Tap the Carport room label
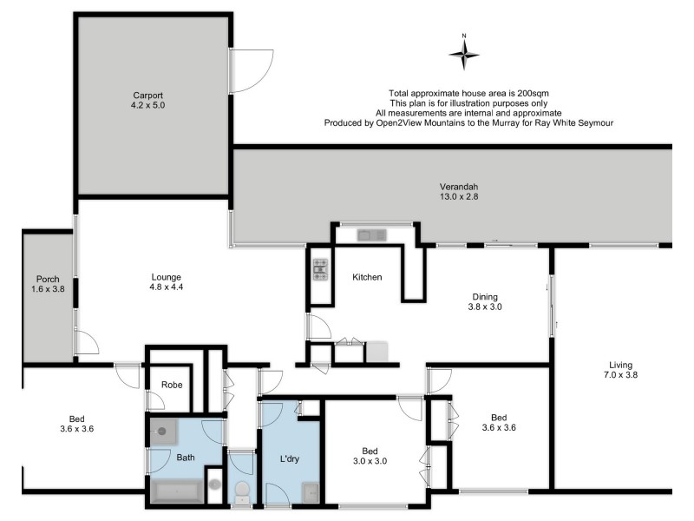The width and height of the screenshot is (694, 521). (147, 100)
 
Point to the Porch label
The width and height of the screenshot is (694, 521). (48, 285)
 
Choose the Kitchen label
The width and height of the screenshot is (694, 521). (367, 278)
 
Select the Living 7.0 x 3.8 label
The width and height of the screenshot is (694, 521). (620, 370)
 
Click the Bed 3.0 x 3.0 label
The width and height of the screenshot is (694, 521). (370, 456)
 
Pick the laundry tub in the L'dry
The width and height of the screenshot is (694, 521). (310, 493)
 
